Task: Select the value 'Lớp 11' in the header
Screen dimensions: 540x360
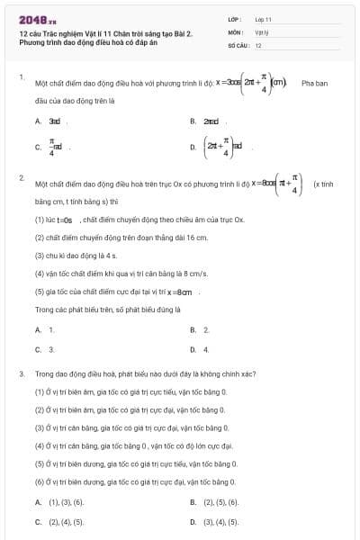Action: point(263,18)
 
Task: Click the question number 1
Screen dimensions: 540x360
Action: point(21,76)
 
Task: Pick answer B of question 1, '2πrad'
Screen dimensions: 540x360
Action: point(211,120)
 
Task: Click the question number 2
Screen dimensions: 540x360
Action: point(21,177)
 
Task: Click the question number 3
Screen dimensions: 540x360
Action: point(21,373)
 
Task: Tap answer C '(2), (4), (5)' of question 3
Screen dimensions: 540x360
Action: point(65,521)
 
